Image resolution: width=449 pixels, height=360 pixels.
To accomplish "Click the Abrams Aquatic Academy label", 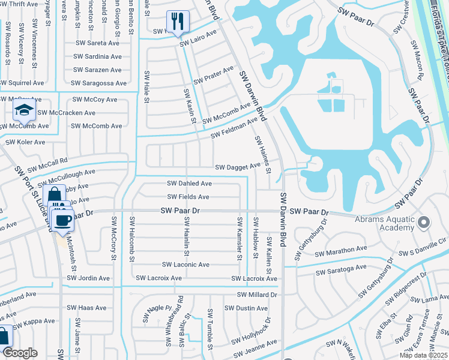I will click(x=384, y=223).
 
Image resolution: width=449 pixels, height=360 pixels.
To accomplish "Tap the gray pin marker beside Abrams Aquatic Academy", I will click(x=424, y=223).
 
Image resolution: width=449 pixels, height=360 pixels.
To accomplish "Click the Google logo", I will click(x=19, y=353).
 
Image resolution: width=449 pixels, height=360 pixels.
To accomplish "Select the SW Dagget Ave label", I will click(x=238, y=167).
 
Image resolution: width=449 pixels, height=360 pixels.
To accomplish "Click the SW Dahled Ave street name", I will click(x=189, y=184).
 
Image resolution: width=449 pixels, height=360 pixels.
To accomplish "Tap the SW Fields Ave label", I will click(x=188, y=197).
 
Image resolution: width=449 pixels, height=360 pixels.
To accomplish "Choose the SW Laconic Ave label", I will click(x=185, y=265).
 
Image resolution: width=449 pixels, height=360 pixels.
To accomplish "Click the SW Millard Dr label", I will click(x=257, y=295).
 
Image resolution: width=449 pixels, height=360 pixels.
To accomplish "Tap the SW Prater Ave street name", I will click(x=213, y=76).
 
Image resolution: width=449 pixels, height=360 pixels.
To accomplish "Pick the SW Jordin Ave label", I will click(x=88, y=278).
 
